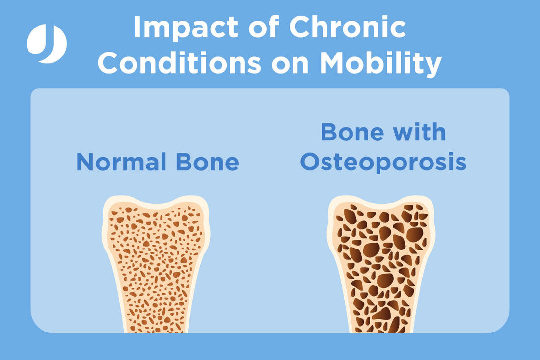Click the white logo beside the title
pyautogui.click(x=47, y=43)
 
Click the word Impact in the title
pyautogui.click(x=185, y=27)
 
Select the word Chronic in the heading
pyautogui.click(x=348, y=27)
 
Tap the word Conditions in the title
pyautogui.click(x=179, y=63)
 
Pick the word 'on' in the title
pyautogui.click(x=290, y=65)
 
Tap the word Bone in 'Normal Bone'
pyautogui.click(x=208, y=162)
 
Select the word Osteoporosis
pyautogui.click(x=384, y=163)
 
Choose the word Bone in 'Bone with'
pyautogui.click(x=352, y=132)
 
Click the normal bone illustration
pyautogui.click(x=156, y=264)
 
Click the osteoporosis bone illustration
pyautogui.click(x=381, y=264)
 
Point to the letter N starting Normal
pyautogui.click(x=85, y=162)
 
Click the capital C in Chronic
pyautogui.click(x=299, y=27)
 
